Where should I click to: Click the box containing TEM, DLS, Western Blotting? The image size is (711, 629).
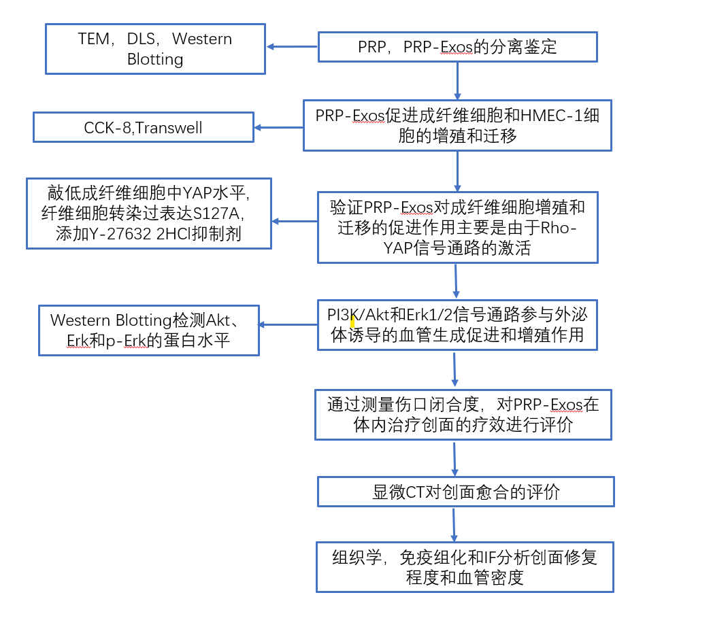pyautogui.click(x=155, y=49)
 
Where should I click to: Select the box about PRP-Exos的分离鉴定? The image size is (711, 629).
pyautogui.click(x=457, y=47)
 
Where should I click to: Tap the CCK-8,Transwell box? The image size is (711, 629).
pyautogui.click(x=144, y=128)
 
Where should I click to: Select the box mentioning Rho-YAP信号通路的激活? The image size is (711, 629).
pyautogui.click(x=457, y=227)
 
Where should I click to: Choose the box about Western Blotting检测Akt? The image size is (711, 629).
pyautogui.click(x=149, y=330)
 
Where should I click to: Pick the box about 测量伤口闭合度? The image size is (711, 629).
pyautogui.click(x=463, y=415)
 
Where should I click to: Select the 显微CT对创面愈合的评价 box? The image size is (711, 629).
pyautogui.click(x=466, y=492)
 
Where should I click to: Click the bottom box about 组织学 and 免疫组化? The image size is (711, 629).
pyautogui.click(x=465, y=567)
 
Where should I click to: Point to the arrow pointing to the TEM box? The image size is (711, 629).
pyautogui.click(x=292, y=47)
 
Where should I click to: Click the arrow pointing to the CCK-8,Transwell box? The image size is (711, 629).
pyautogui.click(x=279, y=127)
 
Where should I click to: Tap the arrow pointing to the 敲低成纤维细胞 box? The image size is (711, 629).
pyautogui.click(x=295, y=221)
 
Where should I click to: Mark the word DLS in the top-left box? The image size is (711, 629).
pyautogui.click(x=142, y=39)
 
